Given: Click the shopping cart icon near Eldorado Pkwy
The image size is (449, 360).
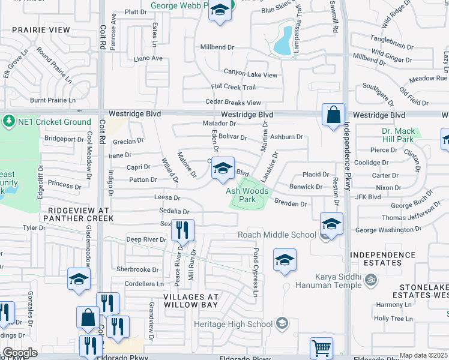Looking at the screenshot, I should (321, 347).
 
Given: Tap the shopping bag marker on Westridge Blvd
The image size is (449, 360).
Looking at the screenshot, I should (333, 114).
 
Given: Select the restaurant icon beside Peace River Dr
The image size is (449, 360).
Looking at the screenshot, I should (182, 229).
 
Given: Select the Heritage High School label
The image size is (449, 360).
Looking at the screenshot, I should (234, 325).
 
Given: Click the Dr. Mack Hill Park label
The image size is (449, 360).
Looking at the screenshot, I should (398, 135).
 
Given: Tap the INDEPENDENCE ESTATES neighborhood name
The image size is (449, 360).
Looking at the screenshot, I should (383, 259).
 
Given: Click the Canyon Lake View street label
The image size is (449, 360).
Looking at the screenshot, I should (251, 74).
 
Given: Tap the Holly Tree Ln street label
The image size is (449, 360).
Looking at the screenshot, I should (394, 319).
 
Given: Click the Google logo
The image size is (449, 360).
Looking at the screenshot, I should (20, 352).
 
